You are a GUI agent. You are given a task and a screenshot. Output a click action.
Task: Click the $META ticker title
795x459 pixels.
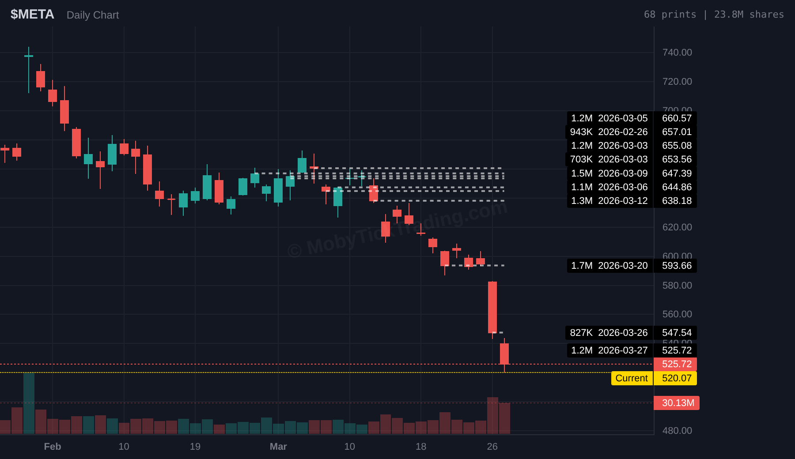click(x=32, y=15)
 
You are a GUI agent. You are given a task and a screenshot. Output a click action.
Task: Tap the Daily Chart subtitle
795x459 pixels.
click(x=93, y=15)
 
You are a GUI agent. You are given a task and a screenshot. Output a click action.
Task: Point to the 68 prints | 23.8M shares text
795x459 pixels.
click(x=714, y=15)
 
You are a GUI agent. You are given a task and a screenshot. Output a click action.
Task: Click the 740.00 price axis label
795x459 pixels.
click(x=677, y=53)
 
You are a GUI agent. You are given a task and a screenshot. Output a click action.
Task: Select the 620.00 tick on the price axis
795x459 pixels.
click(x=677, y=227)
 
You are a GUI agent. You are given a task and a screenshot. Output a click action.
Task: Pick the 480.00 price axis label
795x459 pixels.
click(x=677, y=431)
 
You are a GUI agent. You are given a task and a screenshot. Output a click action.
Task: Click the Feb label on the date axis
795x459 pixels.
click(x=53, y=447)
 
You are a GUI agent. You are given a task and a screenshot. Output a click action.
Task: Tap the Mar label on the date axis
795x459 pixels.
click(x=278, y=447)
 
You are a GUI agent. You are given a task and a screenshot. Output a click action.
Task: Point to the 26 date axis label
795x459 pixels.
click(x=492, y=447)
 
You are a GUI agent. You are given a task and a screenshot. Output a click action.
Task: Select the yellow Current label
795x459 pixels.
click(x=632, y=378)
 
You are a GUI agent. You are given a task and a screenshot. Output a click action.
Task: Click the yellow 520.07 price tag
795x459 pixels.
click(x=676, y=378)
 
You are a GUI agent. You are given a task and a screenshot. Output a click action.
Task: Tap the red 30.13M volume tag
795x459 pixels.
click(x=678, y=403)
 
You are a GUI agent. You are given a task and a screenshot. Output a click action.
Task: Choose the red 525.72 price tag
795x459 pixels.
click(x=676, y=364)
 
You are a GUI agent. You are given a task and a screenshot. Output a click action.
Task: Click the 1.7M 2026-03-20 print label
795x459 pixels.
click(x=609, y=266)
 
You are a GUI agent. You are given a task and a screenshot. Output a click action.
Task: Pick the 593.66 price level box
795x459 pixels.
click(x=676, y=266)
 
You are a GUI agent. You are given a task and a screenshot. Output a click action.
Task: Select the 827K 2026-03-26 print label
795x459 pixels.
click(x=609, y=333)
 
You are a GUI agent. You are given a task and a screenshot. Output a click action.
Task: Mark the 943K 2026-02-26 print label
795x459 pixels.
click(x=609, y=132)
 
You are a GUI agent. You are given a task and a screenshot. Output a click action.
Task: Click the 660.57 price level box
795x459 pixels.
click(x=676, y=118)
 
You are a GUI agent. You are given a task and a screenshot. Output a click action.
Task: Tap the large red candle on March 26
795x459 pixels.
click(x=492, y=307)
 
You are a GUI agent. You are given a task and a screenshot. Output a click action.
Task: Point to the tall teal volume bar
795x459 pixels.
click(x=29, y=403)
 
